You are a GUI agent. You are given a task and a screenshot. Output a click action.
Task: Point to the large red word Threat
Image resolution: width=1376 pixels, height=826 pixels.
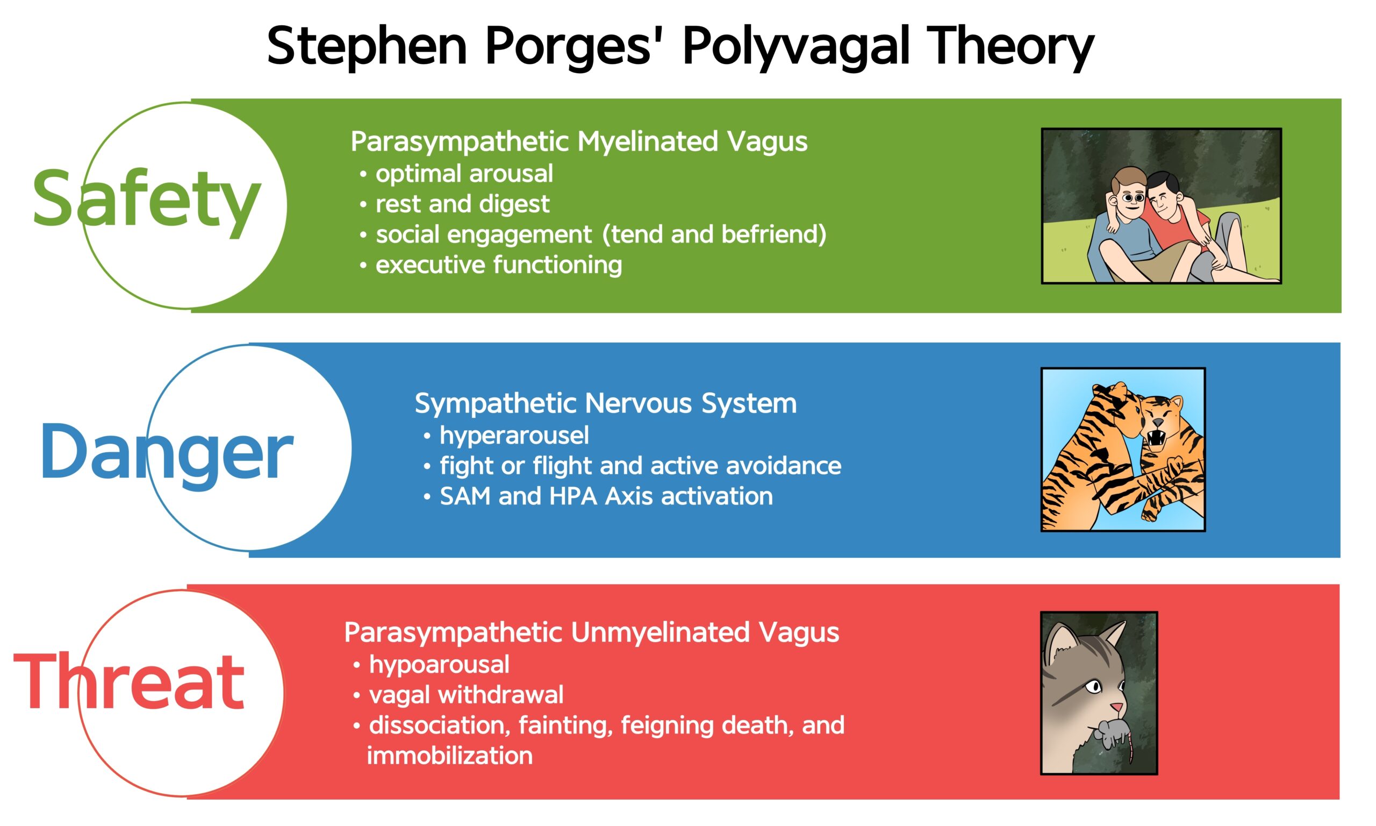(129, 682)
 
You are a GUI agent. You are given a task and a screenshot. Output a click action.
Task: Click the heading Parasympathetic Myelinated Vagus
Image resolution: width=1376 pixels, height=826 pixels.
(578, 141)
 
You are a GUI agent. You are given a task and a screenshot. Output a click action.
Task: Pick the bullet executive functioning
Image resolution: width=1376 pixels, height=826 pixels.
(498, 265)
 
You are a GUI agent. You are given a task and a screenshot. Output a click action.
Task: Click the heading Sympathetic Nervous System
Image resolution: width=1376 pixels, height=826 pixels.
(605, 403)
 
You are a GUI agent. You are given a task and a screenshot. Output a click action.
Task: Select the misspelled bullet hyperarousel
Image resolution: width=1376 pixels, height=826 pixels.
(514, 435)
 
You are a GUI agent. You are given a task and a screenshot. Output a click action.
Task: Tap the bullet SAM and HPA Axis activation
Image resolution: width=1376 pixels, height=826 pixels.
(606, 496)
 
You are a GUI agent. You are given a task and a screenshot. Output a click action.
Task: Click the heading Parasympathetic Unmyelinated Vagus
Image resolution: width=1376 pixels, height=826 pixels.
(591, 632)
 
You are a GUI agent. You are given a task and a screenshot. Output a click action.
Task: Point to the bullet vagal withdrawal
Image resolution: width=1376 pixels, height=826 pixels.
(466, 695)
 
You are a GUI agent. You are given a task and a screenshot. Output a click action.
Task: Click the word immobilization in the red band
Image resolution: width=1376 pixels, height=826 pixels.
(449, 756)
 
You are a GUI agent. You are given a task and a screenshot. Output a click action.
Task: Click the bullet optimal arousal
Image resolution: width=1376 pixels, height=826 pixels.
(464, 174)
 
